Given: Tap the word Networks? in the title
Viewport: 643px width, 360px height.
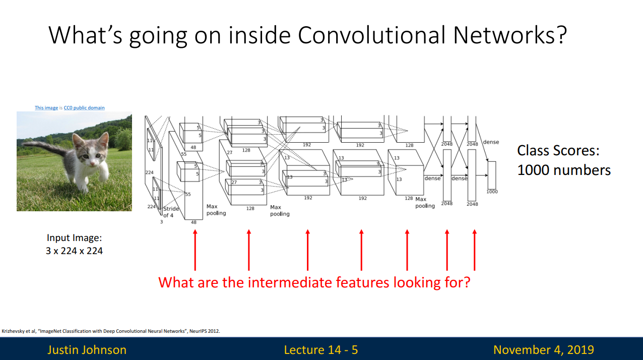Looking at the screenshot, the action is pyautogui.click(x=509, y=35).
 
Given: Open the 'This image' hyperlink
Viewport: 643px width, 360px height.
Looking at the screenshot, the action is pyautogui.click(x=46, y=108).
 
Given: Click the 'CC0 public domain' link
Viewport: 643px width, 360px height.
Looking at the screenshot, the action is pyautogui.click(x=84, y=108).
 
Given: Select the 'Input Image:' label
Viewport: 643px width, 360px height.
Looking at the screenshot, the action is pyautogui.click(x=74, y=238).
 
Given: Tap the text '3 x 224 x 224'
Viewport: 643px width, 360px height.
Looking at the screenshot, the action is pyautogui.click(x=74, y=251).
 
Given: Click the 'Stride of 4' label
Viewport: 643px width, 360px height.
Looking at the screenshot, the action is pyautogui.click(x=170, y=212).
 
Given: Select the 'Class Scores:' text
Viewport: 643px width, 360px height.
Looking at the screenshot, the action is pyautogui.click(x=558, y=151).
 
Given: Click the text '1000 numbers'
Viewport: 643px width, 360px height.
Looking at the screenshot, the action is pyautogui.click(x=564, y=170).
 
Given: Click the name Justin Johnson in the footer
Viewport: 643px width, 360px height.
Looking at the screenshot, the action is pyautogui.click(x=87, y=349).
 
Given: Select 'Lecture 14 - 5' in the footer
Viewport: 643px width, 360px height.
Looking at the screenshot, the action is pyautogui.click(x=321, y=349).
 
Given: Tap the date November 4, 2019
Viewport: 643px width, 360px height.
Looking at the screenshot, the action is pyautogui.click(x=543, y=349).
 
